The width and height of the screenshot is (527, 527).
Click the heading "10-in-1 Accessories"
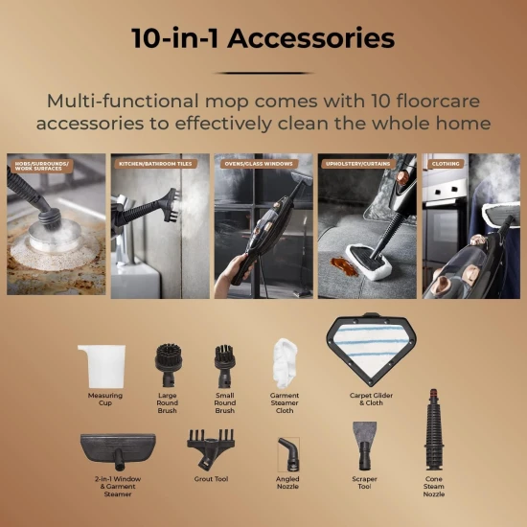(x=263, y=38)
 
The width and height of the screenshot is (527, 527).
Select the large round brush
(x=167, y=365)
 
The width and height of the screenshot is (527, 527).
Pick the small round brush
(x=226, y=365)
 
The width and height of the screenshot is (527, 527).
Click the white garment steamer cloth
(x=285, y=362)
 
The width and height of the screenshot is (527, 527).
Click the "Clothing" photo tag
(x=446, y=164)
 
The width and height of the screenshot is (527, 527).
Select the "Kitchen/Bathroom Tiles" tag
(x=156, y=164)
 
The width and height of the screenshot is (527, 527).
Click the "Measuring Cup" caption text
(x=104, y=399)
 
